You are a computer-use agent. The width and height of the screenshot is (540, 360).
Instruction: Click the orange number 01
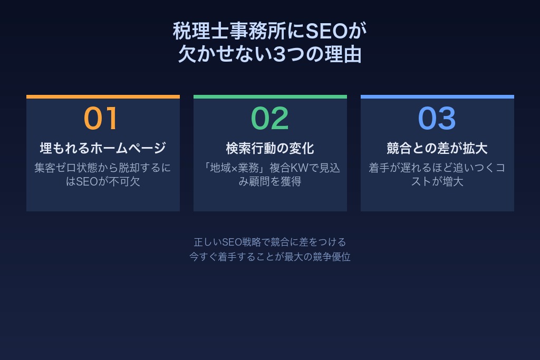pyautogui.click(x=101, y=119)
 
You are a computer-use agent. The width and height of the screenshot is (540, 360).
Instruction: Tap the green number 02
pyautogui.click(x=269, y=119)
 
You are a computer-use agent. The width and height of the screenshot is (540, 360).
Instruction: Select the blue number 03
pyautogui.click(x=437, y=119)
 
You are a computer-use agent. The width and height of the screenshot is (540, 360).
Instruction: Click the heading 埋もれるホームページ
pyautogui.click(x=103, y=148)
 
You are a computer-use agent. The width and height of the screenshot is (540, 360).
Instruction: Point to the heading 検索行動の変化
pyautogui.click(x=270, y=148)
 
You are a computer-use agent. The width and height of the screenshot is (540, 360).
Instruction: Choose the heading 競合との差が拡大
pyautogui.click(x=437, y=148)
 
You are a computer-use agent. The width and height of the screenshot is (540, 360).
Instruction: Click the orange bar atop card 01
pyautogui.click(x=103, y=96)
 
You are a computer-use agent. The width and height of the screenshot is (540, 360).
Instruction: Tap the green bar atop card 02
pyautogui.click(x=270, y=96)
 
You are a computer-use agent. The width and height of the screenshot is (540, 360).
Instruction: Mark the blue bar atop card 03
pyautogui.click(x=437, y=96)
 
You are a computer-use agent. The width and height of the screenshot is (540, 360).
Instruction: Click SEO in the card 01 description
pyautogui.click(x=88, y=182)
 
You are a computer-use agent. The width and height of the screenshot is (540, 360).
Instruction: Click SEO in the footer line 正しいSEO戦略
pyautogui.click(x=232, y=242)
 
